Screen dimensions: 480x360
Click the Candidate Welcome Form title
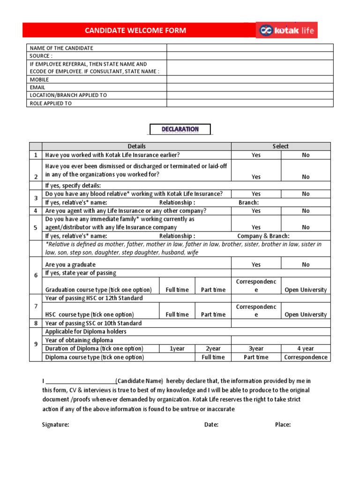tap(135, 30)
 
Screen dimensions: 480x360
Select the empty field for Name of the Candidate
tap(250, 48)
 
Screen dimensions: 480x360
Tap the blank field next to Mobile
tap(250, 80)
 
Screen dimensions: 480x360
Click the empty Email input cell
tap(250, 87)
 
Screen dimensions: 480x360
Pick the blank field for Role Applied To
tap(250, 103)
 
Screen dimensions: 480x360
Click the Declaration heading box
tap(180, 129)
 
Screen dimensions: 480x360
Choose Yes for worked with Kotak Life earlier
tap(256, 155)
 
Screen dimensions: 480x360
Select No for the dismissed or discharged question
tap(306, 177)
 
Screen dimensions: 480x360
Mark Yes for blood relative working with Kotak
tap(256, 194)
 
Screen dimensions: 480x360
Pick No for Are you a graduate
tap(306, 265)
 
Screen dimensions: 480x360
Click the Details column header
tap(136, 146)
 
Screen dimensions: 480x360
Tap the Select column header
tap(281, 146)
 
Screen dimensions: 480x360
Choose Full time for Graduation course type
tap(177, 290)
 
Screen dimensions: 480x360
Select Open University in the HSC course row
tap(306, 315)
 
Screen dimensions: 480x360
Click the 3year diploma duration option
tap(256, 349)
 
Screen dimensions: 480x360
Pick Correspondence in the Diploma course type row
tap(306, 357)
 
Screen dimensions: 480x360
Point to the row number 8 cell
tap(36, 323)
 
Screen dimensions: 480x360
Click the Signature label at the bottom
tap(56, 425)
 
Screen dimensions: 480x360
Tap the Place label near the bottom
tap(283, 425)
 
